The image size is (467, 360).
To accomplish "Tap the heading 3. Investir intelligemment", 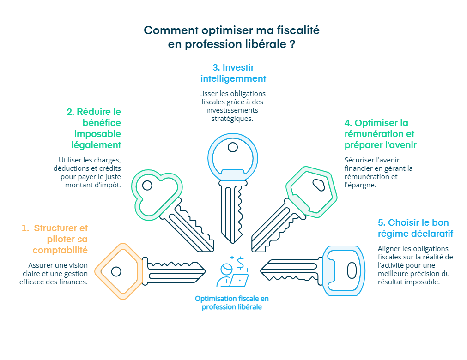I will tap(233, 73).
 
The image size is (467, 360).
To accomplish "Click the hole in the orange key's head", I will tap(116, 271).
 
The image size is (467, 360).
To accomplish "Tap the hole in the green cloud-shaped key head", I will tap(147, 186).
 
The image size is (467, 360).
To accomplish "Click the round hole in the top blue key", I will tap(233, 148).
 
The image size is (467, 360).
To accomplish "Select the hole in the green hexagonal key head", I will tap(319, 185).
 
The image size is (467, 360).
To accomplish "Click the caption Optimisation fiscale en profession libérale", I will tap(232, 303).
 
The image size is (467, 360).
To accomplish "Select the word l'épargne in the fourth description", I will tap(360, 185).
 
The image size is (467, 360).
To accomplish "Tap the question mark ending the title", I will tap(292, 44).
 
